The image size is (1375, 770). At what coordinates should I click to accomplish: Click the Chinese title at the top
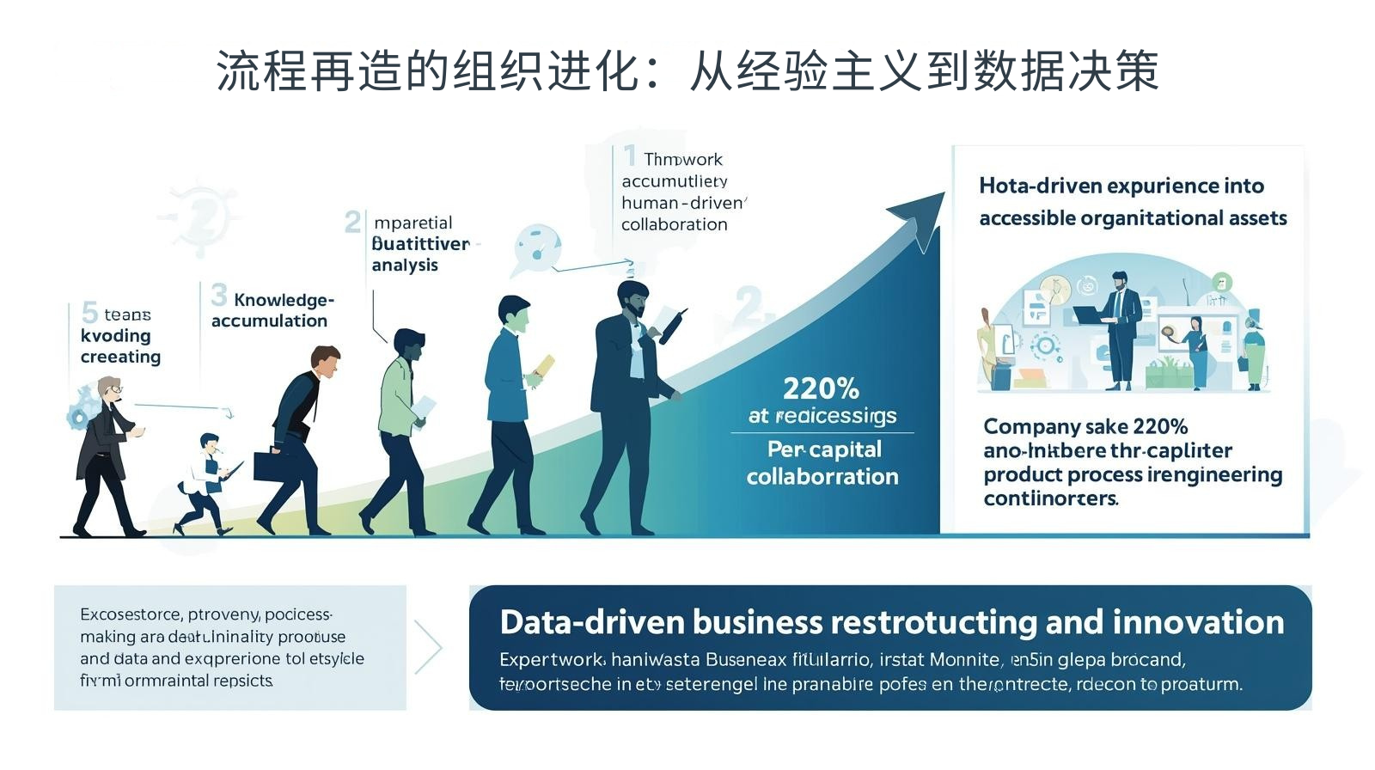(x=687, y=70)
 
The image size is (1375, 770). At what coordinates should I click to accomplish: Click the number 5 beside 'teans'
(x=89, y=312)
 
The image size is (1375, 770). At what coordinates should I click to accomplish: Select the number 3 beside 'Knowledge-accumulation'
(x=219, y=296)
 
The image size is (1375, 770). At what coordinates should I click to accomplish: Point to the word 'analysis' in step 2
(x=405, y=266)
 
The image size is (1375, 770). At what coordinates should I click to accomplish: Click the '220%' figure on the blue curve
(x=821, y=388)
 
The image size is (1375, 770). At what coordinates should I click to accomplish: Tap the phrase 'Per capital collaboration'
(x=822, y=462)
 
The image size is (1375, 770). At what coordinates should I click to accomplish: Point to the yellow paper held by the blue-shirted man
(x=544, y=366)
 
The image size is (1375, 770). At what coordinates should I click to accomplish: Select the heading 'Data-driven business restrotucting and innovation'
(x=891, y=622)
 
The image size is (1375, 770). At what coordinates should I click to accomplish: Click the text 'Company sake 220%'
(x=1085, y=426)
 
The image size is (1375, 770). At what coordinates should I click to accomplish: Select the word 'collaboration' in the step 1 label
(x=675, y=224)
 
